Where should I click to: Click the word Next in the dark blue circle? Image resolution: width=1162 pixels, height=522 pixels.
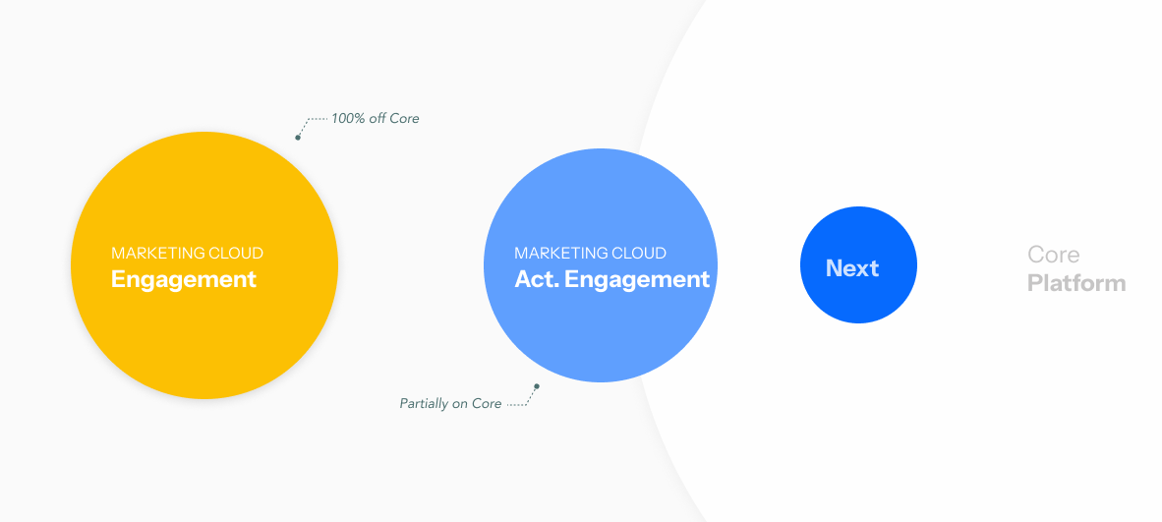pyautogui.click(x=852, y=268)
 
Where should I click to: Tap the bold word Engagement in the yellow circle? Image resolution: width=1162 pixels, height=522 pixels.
pyautogui.click(x=184, y=279)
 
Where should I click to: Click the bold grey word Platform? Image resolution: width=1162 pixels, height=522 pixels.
pyautogui.click(x=1076, y=284)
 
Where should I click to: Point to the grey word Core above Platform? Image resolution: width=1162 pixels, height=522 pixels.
pyautogui.click(x=1054, y=255)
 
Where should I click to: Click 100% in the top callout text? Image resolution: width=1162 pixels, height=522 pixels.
pyautogui.click(x=347, y=119)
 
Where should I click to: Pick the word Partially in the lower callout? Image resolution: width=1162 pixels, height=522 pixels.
pyautogui.click(x=424, y=404)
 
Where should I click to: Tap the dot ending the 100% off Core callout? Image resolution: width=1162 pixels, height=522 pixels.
pyautogui.click(x=298, y=137)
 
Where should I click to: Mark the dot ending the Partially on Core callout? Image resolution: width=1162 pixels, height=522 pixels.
pyautogui.click(x=537, y=386)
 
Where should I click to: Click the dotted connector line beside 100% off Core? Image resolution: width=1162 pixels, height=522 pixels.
pyautogui.click(x=314, y=120)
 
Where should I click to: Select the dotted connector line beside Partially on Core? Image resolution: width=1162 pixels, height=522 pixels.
pyautogui.click(x=520, y=403)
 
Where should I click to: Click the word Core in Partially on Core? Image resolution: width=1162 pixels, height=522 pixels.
pyautogui.click(x=487, y=404)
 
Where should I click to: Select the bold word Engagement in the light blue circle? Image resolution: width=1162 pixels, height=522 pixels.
pyautogui.click(x=637, y=279)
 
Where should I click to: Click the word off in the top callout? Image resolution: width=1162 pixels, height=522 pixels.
pyautogui.click(x=377, y=119)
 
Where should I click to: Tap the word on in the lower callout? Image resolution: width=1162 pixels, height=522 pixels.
pyautogui.click(x=459, y=404)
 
